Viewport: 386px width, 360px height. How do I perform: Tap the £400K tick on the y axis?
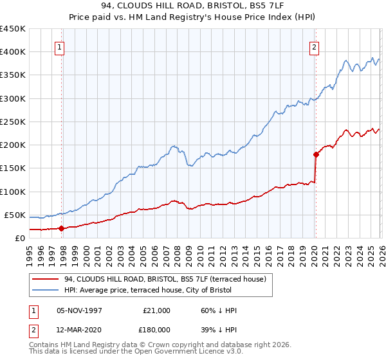click(x=12, y=52)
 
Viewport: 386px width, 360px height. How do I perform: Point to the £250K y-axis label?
click(x=12, y=122)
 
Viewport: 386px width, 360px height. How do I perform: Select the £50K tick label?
click(x=15, y=215)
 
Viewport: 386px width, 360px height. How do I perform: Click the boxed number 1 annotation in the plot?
click(x=59, y=46)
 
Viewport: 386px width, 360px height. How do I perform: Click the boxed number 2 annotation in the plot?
click(x=315, y=46)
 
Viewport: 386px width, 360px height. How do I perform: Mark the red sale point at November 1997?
click(x=62, y=228)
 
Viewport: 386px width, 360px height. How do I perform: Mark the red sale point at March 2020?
click(x=316, y=154)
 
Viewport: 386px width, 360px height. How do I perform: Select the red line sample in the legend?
click(x=45, y=279)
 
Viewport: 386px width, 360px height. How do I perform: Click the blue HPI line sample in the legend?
click(x=45, y=290)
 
